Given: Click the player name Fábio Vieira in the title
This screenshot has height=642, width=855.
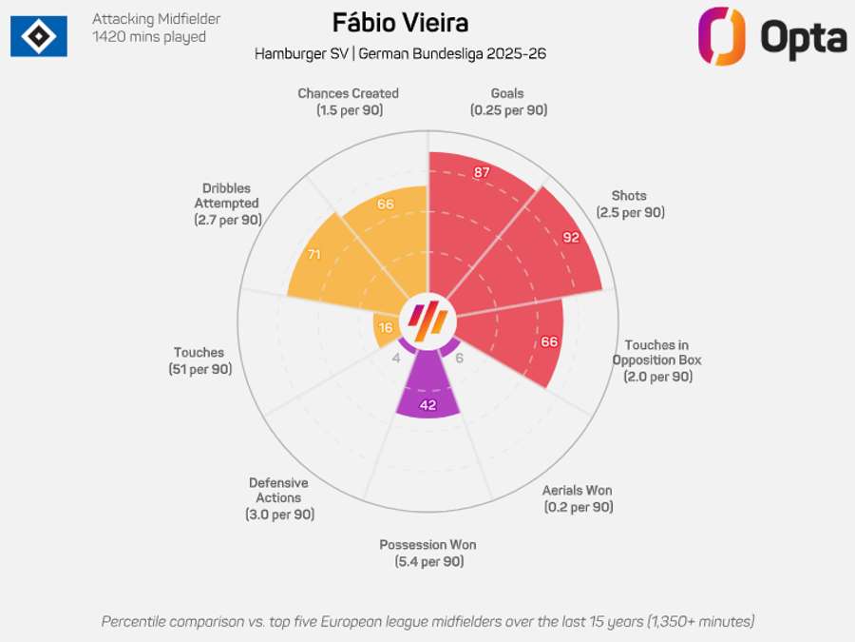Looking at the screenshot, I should [x=400, y=22].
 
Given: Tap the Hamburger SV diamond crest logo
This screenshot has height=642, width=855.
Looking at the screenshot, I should [x=39, y=36].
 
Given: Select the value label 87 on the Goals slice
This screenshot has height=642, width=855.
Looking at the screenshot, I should [x=482, y=172].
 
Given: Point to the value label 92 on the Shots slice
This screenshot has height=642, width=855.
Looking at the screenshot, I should [x=570, y=237].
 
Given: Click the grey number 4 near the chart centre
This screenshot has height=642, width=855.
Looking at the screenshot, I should [x=396, y=358].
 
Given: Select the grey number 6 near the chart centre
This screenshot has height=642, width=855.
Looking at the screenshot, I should [x=459, y=358].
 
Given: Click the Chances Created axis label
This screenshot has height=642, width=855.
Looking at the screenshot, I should [x=348, y=102].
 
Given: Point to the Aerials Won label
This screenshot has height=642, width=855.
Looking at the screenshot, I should [x=578, y=498].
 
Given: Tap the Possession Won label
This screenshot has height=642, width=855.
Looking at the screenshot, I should [x=427, y=553].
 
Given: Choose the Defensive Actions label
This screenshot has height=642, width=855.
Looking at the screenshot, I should [x=278, y=498].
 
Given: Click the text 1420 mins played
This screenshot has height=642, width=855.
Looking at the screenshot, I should [x=149, y=37].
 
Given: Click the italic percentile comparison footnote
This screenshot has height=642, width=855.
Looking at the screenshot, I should [x=427, y=621].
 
